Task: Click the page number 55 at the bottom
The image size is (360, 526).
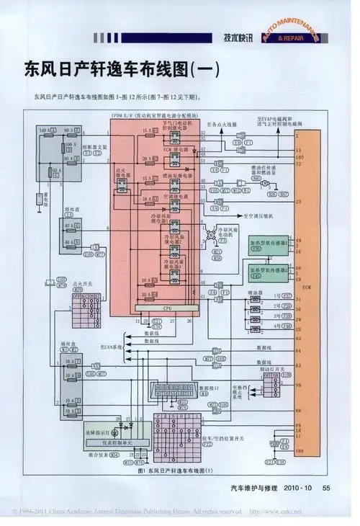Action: point(326,488)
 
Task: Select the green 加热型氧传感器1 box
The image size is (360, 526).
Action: point(264,244)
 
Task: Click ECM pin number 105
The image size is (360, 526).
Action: point(298,155)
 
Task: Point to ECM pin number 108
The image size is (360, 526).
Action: point(298,450)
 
